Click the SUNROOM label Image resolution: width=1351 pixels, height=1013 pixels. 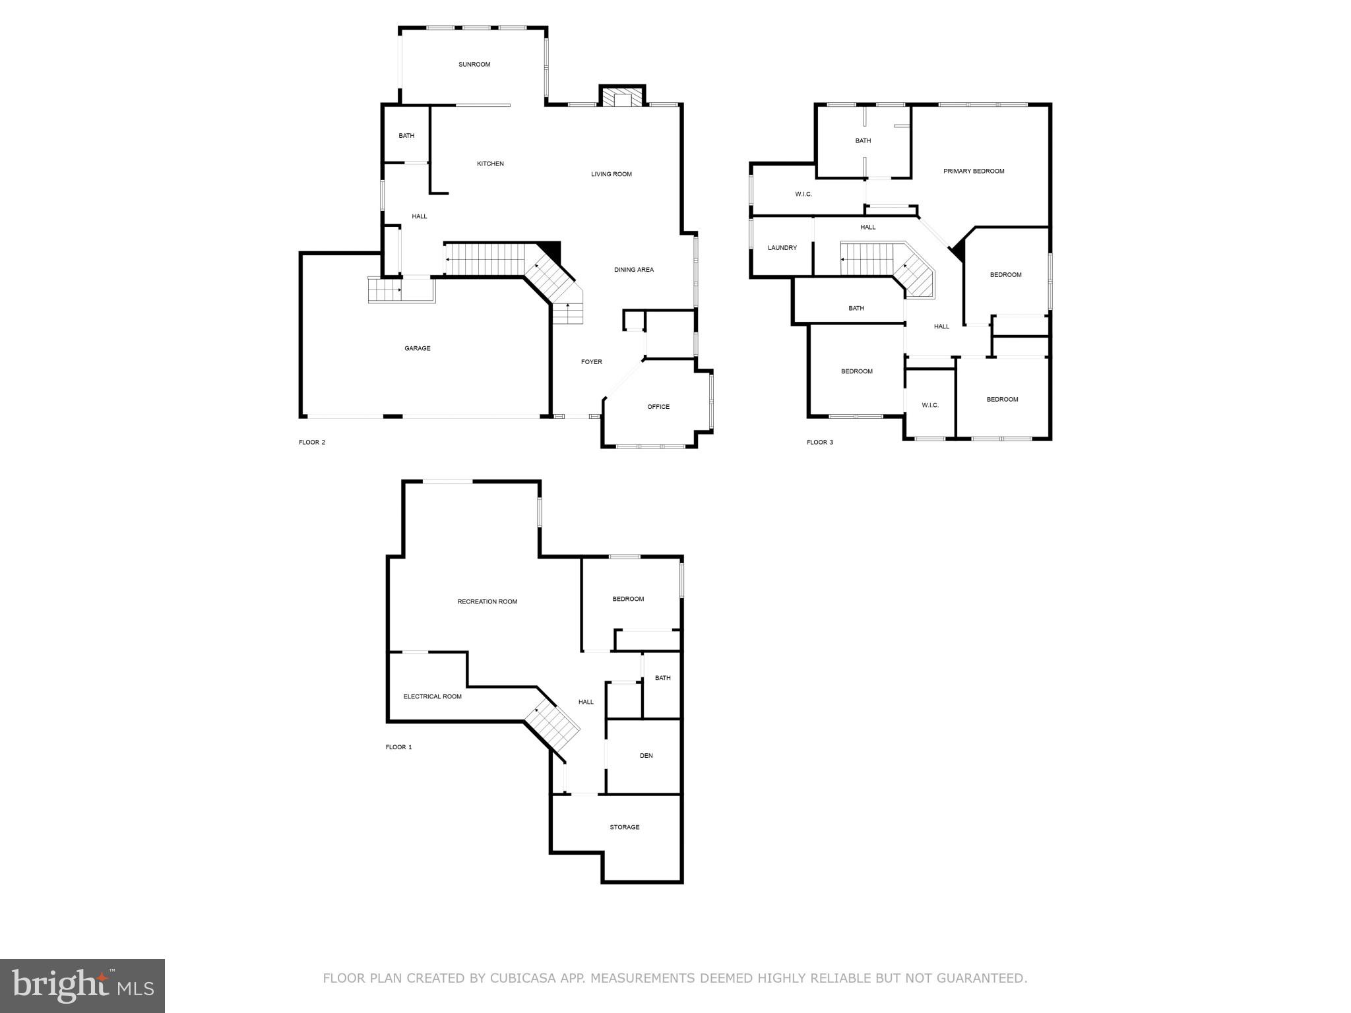(474, 65)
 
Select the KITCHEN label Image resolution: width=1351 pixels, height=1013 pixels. (490, 164)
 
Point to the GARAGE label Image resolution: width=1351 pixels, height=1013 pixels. (417, 348)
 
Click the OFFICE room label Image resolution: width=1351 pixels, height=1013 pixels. (658, 407)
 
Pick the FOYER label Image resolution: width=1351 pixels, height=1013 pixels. (591, 362)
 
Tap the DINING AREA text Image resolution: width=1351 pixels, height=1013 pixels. (633, 270)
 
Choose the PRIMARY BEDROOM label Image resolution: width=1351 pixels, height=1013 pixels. (973, 171)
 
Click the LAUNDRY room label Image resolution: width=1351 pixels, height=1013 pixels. (782, 248)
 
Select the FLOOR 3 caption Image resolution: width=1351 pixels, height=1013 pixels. (819, 443)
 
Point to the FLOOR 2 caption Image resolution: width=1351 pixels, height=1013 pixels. (311, 443)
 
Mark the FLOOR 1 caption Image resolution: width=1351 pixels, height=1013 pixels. (398, 747)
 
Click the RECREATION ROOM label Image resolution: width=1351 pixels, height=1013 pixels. (487, 601)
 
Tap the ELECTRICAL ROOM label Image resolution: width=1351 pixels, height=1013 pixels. (432, 696)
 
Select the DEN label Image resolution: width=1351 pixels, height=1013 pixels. (646, 756)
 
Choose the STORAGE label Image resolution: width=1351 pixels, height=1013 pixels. (624, 827)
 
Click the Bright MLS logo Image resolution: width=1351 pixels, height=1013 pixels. (82, 986)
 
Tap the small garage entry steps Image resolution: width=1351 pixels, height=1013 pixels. (385, 290)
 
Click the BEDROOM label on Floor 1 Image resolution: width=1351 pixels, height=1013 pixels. (627, 599)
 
